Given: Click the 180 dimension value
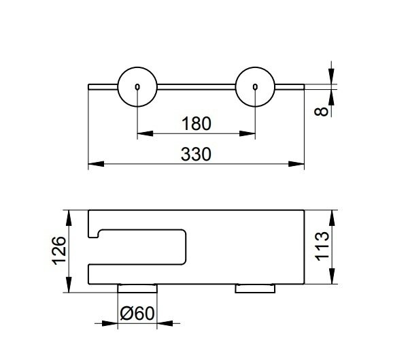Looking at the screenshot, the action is (x=197, y=124).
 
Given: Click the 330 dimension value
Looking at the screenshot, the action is (x=196, y=154).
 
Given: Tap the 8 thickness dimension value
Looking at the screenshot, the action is (x=321, y=112).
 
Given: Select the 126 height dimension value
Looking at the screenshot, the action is (x=59, y=250).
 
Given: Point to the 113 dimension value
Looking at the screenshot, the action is (x=322, y=246).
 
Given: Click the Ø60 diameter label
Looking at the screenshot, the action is (x=137, y=313).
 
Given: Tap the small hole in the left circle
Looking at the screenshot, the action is (x=137, y=86).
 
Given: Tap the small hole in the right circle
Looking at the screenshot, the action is (x=255, y=86).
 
